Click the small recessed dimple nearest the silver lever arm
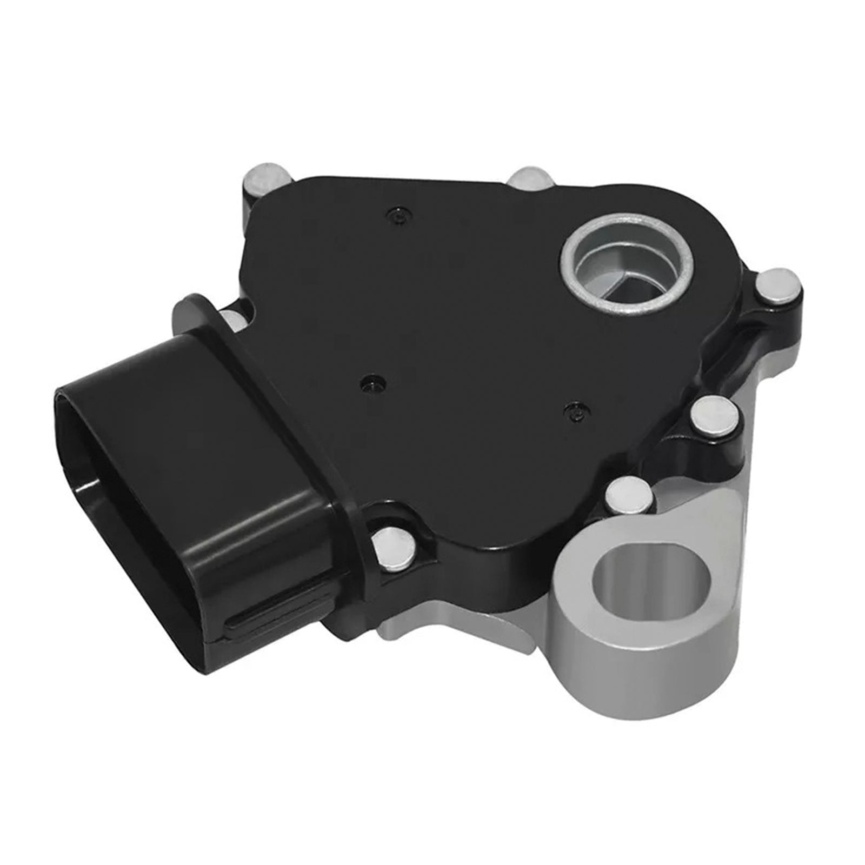click(574, 412)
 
